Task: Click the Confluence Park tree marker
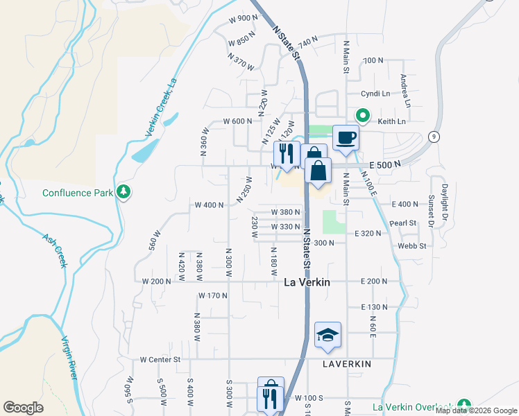point(124,191)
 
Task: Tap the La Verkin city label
point(307,282)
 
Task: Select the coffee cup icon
point(346,137)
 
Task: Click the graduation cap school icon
point(327,335)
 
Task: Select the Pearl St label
point(402,223)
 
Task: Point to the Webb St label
point(411,245)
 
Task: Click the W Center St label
point(160,360)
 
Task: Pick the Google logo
point(23,407)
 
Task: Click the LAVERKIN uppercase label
point(347,364)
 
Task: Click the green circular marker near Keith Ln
point(361,116)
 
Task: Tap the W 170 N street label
point(213,295)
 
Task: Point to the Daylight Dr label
point(444,198)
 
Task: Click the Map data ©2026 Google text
point(476,410)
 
